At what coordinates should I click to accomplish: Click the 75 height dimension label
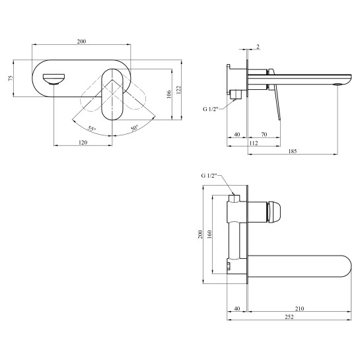tap(11, 78)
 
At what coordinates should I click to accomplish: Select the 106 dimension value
tap(168, 94)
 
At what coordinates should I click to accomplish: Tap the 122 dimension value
tap(179, 90)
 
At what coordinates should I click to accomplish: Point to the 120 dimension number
tap(83, 143)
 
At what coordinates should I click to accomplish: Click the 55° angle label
tap(92, 129)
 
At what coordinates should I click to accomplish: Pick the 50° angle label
tap(135, 128)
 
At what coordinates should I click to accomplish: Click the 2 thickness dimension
tap(258, 47)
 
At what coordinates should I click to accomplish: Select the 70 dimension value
tap(264, 134)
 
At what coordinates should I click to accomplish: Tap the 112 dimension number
tap(254, 143)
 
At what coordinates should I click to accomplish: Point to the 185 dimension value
tap(293, 151)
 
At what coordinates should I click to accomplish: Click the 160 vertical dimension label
tap(209, 234)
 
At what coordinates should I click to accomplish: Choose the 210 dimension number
tap(300, 308)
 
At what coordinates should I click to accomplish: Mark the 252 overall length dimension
tap(289, 317)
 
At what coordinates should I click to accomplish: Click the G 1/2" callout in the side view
tap(210, 109)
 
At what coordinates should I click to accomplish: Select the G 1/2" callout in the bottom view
tap(209, 176)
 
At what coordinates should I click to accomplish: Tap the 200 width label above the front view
tap(81, 42)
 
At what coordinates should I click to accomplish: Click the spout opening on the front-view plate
tap(54, 79)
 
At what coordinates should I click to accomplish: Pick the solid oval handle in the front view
tap(112, 94)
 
